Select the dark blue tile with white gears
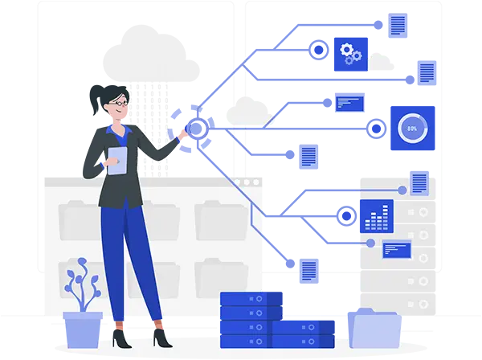click(x=350, y=53)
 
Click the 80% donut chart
click(x=411, y=128)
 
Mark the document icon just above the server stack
click(x=308, y=269)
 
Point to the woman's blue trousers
click(x=129, y=257)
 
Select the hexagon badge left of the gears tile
click(x=318, y=51)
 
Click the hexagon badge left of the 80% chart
click(x=374, y=128)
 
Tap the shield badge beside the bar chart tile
click(x=345, y=215)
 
